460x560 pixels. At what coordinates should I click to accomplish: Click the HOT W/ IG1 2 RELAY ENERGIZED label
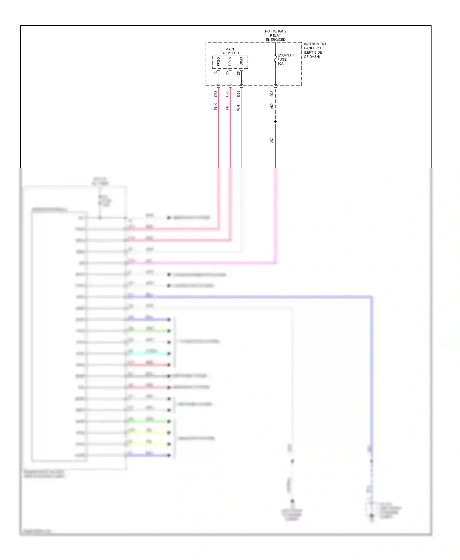click(275, 36)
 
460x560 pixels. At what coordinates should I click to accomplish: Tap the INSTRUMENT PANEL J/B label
click(315, 50)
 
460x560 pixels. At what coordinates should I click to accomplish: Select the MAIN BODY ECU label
click(230, 51)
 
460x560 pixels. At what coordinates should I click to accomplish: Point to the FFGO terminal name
click(219, 62)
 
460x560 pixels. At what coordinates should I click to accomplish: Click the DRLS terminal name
click(230, 62)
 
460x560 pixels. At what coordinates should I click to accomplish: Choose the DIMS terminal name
click(241, 61)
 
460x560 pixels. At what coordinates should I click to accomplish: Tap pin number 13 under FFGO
click(216, 73)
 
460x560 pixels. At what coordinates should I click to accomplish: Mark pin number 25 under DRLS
click(227, 73)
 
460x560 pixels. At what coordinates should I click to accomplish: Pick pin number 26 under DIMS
click(239, 73)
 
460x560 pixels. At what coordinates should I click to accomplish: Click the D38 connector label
click(216, 94)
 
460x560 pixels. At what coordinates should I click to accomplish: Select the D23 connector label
click(227, 94)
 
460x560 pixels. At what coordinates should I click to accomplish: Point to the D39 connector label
click(239, 94)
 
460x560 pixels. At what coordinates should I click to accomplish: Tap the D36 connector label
click(272, 94)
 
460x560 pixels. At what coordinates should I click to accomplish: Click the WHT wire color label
click(239, 107)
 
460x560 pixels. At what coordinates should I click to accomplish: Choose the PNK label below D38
click(216, 107)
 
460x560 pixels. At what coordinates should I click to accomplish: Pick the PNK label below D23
click(227, 107)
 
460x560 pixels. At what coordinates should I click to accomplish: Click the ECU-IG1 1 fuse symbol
click(275, 59)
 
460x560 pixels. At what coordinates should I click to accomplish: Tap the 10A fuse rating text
click(281, 64)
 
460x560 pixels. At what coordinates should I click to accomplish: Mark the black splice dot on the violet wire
click(275, 122)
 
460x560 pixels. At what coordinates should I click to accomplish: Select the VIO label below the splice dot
click(272, 141)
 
